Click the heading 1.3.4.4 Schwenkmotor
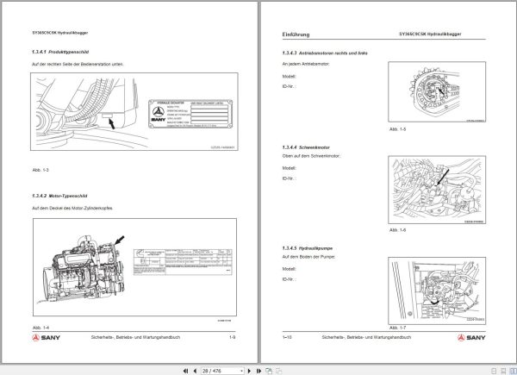(310, 147)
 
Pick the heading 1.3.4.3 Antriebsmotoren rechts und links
(326, 53)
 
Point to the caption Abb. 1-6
(397, 231)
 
